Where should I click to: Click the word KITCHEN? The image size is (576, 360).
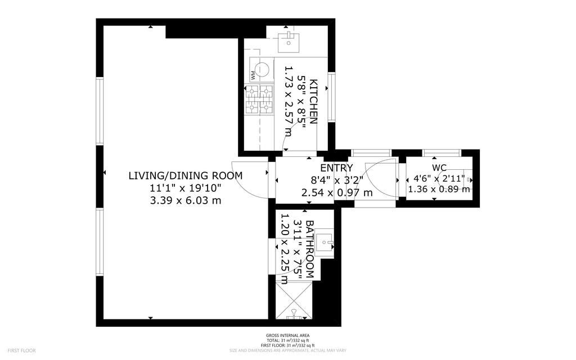[x=314, y=102]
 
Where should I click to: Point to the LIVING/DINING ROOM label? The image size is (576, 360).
[x=186, y=175]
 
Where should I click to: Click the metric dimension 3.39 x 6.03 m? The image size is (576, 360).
[x=186, y=200]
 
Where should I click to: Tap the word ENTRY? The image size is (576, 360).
[x=336, y=168]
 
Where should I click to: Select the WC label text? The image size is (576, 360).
[x=439, y=168]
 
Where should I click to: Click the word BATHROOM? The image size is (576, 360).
[x=309, y=250]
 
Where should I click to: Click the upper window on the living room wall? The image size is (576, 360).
[x=100, y=111]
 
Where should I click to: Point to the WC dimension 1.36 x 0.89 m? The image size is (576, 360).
[x=439, y=189]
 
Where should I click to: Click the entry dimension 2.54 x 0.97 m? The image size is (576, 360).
[x=337, y=192]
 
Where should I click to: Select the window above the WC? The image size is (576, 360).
[x=442, y=152]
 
